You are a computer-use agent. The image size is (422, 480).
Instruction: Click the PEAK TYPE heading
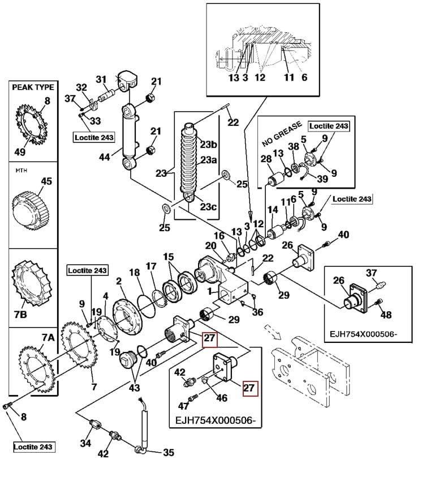pyautogui.click(x=33, y=87)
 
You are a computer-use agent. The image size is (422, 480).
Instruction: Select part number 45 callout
pyautogui.click(x=46, y=181)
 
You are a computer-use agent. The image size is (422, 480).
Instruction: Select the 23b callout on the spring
pyautogui.click(x=209, y=144)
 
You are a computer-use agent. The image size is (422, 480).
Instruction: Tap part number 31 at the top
pyautogui.click(x=101, y=79)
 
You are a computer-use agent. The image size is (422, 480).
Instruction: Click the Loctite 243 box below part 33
pyautogui.click(x=94, y=137)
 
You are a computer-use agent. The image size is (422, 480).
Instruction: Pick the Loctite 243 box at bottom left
pyautogui.click(x=33, y=447)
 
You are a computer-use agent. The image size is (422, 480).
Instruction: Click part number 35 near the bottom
pyautogui.click(x=169, y=453)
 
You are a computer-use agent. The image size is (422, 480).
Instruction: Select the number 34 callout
pyautogui.click(x=85, y=443)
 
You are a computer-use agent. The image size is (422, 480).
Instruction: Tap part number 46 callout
pyautogui.click(x=222, y=398)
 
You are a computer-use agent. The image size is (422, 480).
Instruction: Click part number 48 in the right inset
pyautogui.click(x=386, y=315)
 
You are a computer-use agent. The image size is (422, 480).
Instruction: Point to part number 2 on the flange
pyautogui.click(x=119, y=282)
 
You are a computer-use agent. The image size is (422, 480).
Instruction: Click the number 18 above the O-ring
pyautogui.click(x=134, y=273)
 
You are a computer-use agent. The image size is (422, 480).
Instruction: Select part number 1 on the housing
pyautogui.click(x=209, y=292)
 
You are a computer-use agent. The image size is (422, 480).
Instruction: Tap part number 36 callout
pyautogui.click(x=258, y=312)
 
